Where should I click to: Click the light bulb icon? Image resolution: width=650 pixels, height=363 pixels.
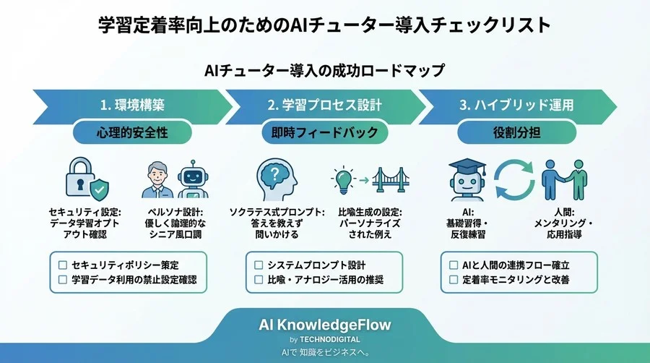coord(342,178)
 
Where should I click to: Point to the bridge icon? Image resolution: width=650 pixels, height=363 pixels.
coord(392,179)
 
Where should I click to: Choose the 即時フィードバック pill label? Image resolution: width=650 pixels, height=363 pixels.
coord(324,133)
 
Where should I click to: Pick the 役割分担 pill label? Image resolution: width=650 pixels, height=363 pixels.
coord(516,133)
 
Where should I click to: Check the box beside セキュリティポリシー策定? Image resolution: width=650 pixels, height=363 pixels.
coord(63,265)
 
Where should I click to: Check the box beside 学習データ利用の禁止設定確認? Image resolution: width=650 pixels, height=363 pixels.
coord(63,279)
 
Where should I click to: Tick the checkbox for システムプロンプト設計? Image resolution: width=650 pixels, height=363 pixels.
coord(259,265)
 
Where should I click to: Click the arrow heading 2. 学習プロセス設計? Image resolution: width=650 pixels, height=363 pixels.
coord(324,105)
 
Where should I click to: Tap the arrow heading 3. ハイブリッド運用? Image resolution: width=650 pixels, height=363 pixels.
coord(518,105)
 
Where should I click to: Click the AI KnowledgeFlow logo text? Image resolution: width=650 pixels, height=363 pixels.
coord(324,325)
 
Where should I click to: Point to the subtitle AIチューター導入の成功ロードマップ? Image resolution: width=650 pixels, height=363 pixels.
coord(324,71)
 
